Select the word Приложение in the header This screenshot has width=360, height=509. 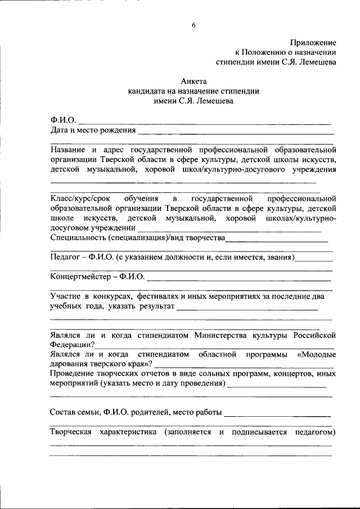tap(313, 43)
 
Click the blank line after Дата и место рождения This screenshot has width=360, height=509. tap(236, 132)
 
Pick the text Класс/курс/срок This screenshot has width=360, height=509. tap(79, 199)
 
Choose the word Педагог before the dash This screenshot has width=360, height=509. tap(64, 258)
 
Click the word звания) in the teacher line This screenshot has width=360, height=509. tap(279, 258)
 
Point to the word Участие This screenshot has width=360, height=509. tap(65, 296)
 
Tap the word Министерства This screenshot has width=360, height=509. tap(228, 336)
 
